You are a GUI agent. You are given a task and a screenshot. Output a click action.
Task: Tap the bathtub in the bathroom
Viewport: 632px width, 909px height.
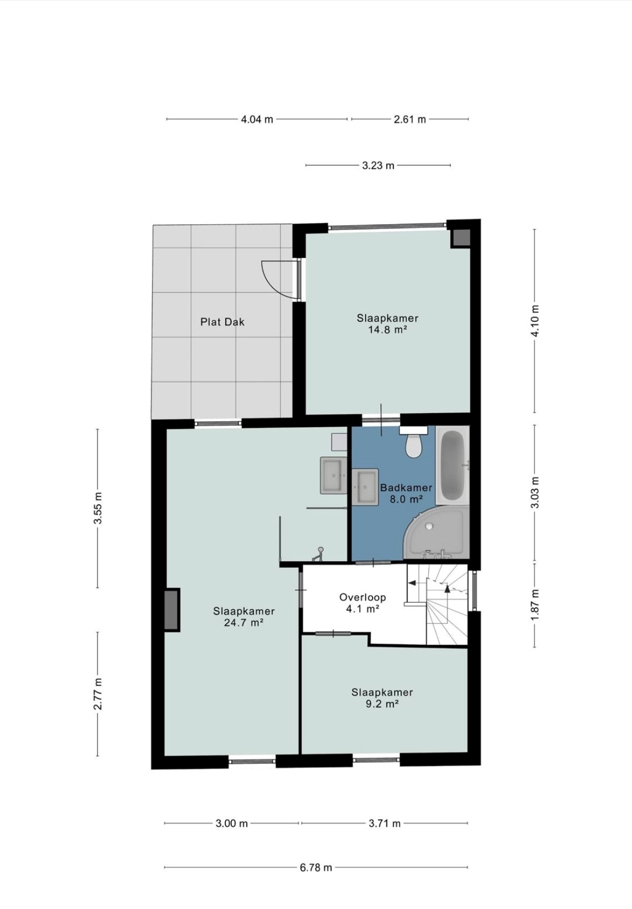point(452,466)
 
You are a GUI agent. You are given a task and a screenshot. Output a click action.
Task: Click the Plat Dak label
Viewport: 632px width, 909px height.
point(223,322)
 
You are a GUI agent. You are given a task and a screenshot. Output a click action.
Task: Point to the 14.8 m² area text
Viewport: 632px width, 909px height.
point(388,330)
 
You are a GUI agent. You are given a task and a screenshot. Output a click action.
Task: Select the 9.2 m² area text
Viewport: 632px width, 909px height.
point(382,704)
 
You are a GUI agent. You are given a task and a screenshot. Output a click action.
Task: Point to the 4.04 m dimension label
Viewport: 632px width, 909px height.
point(257,119)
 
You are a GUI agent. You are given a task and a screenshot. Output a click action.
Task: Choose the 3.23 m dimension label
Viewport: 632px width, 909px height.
point(378,166)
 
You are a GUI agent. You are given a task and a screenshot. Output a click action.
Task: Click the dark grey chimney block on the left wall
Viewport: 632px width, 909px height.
point(172,610)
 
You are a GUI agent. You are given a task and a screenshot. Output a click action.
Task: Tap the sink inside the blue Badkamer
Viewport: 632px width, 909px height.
point(365,487)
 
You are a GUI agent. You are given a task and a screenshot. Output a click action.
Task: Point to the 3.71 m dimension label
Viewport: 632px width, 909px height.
point(384,823)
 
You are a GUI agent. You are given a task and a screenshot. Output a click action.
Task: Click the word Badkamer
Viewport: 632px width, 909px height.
point(406,488)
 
